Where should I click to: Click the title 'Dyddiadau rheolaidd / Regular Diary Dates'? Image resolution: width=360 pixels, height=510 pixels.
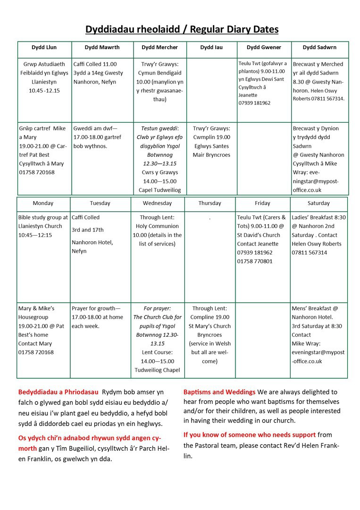click(182, 30)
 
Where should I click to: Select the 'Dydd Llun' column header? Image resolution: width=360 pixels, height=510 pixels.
click(44, 47)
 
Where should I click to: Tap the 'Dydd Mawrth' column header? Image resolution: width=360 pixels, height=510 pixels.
click(102, 47)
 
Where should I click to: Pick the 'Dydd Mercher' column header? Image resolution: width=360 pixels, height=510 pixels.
click(160, 47)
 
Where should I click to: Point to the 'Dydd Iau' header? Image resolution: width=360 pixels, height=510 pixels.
click(211, 47)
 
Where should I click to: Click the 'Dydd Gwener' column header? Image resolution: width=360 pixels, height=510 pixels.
click(264, 47)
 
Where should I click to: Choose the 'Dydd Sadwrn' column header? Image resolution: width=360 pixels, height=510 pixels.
click(319, 47)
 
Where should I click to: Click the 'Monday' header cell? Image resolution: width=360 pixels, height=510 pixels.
click(43, 203)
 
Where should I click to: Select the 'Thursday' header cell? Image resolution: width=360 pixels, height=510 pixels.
click(209, 203)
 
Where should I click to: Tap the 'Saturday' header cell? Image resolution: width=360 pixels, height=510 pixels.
click(318, 203)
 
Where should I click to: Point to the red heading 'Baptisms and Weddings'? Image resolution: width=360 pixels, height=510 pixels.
click(219, 392)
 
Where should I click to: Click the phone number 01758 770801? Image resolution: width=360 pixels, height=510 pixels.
click(255, 261)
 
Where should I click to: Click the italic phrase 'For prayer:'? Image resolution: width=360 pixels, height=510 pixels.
click(158, 308)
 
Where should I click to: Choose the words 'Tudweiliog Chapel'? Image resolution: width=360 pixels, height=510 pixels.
click(158, 370)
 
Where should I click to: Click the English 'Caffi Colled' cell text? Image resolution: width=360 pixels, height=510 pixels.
click(86, 218)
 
